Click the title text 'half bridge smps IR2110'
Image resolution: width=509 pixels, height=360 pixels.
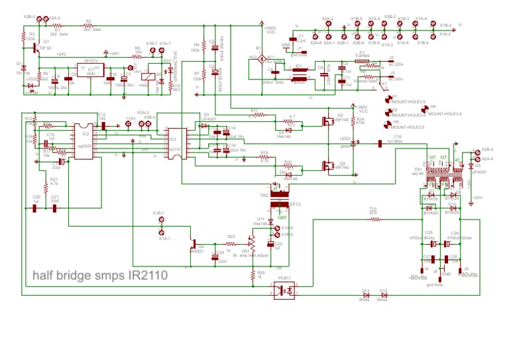coord(100,274)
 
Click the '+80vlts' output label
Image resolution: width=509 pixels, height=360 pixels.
coord(467,275)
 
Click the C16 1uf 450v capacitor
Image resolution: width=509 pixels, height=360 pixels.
coord(380,143)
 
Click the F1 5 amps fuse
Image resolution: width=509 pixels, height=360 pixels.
coord(363,62)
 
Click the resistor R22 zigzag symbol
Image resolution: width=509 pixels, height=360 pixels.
coord(374,218)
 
